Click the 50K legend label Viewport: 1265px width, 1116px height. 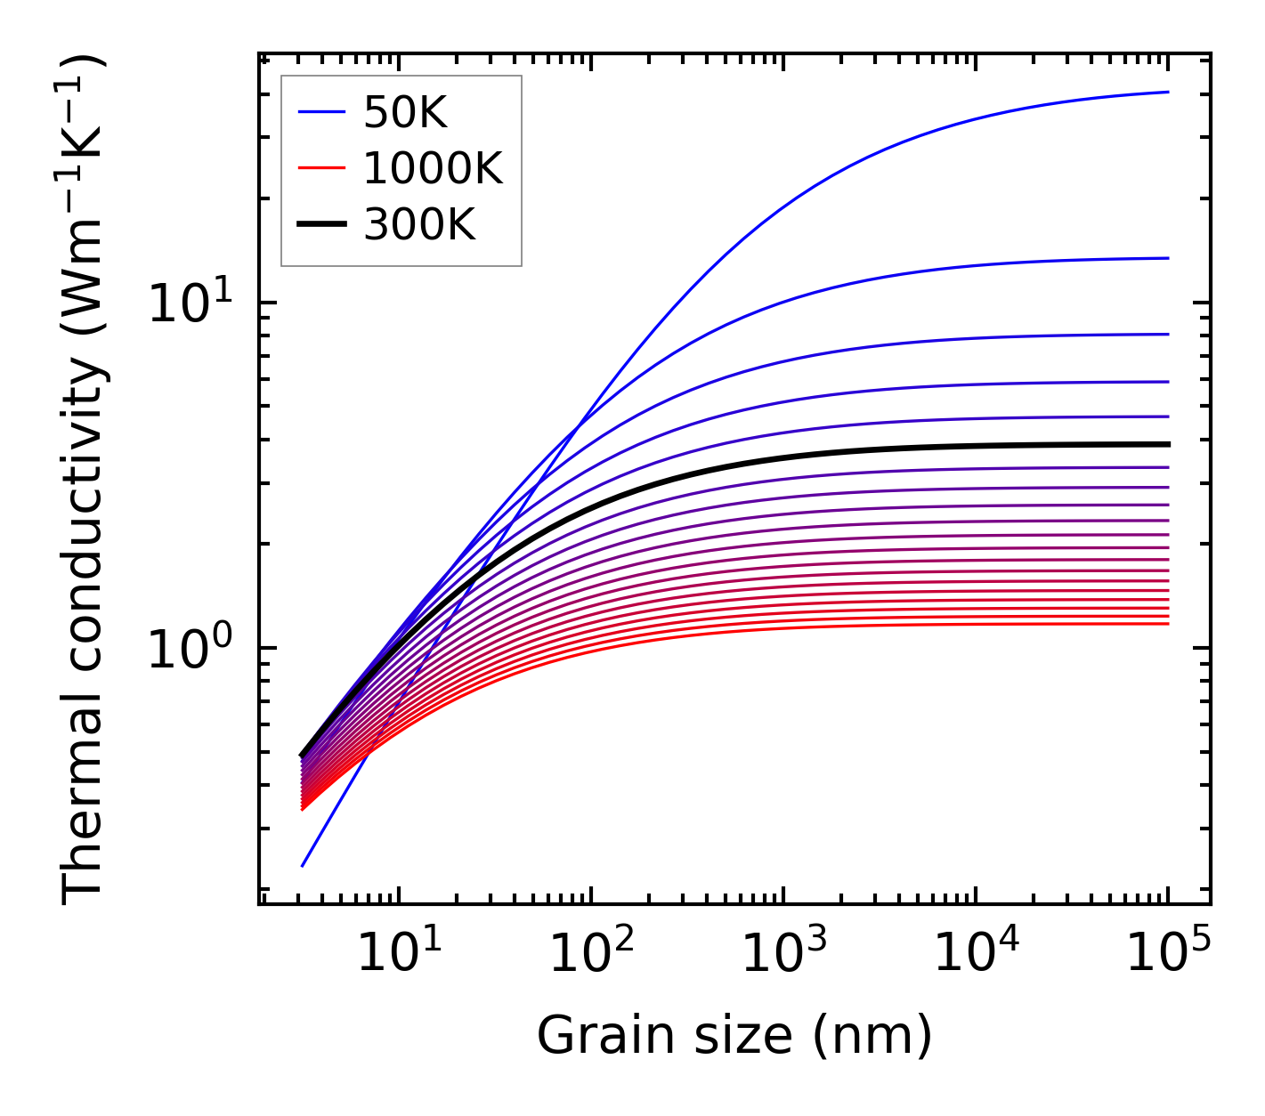pyautogui.click(x=405, y=113)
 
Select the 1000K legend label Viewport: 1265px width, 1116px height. pyautogui.click(x=433, y=168)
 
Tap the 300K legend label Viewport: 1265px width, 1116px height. pyautogui.click(x=419, y=225)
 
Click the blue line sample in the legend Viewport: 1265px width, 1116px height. pyautogui.click(x=320, y=112)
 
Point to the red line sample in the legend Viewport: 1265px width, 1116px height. pyautogui.click(x=320, y=168)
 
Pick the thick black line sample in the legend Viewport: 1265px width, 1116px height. pyautogui.click(x=320, y=225)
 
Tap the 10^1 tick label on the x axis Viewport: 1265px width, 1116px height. pyautogui.click(x=399, y=955)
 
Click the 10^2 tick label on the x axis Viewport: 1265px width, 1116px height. pyautogui.click(x=591, y=955)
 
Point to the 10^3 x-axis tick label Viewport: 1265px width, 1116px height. pyautogui.click(x=783, y=955)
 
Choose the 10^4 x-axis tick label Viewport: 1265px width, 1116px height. pyautogui.click(x=976, y=955)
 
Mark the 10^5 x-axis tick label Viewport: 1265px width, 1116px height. pyautogui.click(x=1168, y=955)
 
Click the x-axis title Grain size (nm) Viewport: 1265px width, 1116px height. pyautogui.click(x=734, y=1037)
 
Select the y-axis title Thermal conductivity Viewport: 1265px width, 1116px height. pyautogui.click(x=84, y=481)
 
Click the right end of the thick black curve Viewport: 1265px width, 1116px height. pyautogui.click(x=1167, y=444)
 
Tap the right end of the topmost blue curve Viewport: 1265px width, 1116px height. pyautogui.click(x=1167, y=92)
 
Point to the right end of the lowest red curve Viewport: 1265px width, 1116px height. pyautogui.click(x=1167, y=624)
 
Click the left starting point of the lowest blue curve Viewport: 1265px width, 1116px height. pyautogui.click(x=303, y=865)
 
